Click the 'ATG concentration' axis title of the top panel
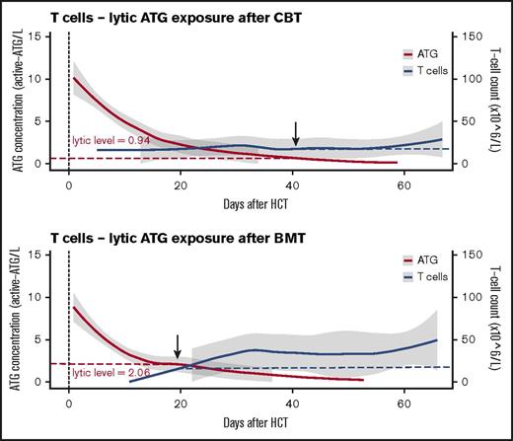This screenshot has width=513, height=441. (x=18, y=100)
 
